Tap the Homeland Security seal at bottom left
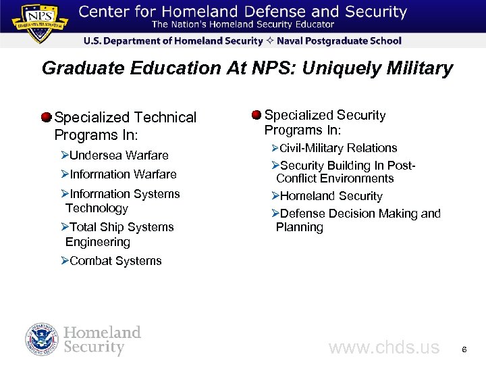42,340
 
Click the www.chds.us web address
383,348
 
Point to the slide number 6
464,349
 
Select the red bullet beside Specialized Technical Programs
46,117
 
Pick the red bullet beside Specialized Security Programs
256,114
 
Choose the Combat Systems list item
115,261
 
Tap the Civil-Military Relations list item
338,148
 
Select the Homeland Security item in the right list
331,196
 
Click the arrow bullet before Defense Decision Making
275,214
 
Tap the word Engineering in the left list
98,242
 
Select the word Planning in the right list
300,227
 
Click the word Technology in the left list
97,208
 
